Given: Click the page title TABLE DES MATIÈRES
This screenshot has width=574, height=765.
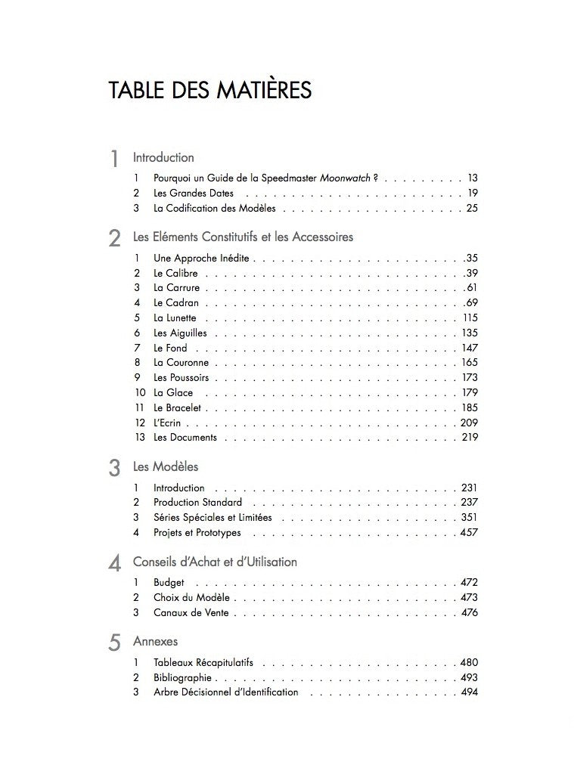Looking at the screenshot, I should (x=209, y=91).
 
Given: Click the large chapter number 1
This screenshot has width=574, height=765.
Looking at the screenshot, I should (x=113, y=160).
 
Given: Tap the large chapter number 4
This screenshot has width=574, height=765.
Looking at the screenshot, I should (x=114, y=564).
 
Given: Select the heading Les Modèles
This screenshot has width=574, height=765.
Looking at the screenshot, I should (x=166, y=467).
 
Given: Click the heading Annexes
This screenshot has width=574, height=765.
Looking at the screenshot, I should (x=155, y=642).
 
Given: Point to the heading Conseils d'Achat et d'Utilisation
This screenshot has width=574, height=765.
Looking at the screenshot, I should (x=215, y=562).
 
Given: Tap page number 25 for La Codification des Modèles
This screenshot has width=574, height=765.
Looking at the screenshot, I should (x=472, y=208).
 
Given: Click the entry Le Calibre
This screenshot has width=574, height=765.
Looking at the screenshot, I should (x=175, y=273).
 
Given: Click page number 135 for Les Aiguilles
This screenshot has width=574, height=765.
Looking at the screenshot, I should (x=470, y=333).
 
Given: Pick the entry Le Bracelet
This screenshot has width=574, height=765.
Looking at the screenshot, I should (x=178, y=407).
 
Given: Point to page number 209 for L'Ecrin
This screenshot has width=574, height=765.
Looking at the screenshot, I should (x=470, y=423).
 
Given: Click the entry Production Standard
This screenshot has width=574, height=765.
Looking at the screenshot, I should (x=197, y=503).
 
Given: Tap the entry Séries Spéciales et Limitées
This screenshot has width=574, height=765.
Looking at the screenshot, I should (x=213, y=518).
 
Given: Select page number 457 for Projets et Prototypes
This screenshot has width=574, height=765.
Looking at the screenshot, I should (x=469, y=533).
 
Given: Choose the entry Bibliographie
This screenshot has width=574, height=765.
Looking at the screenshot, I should (x=182, y=678).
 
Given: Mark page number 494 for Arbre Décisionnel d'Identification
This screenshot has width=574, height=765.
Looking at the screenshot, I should (x=469, y=692).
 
